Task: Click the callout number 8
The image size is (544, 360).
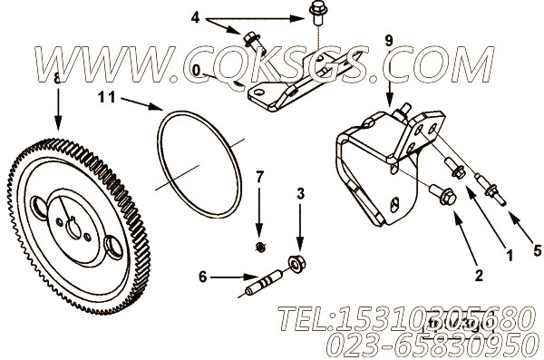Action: click(x=57, y=81)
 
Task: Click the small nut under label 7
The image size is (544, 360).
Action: click(x=259, y=246)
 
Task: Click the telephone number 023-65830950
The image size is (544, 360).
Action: click(x=424, y=343)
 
